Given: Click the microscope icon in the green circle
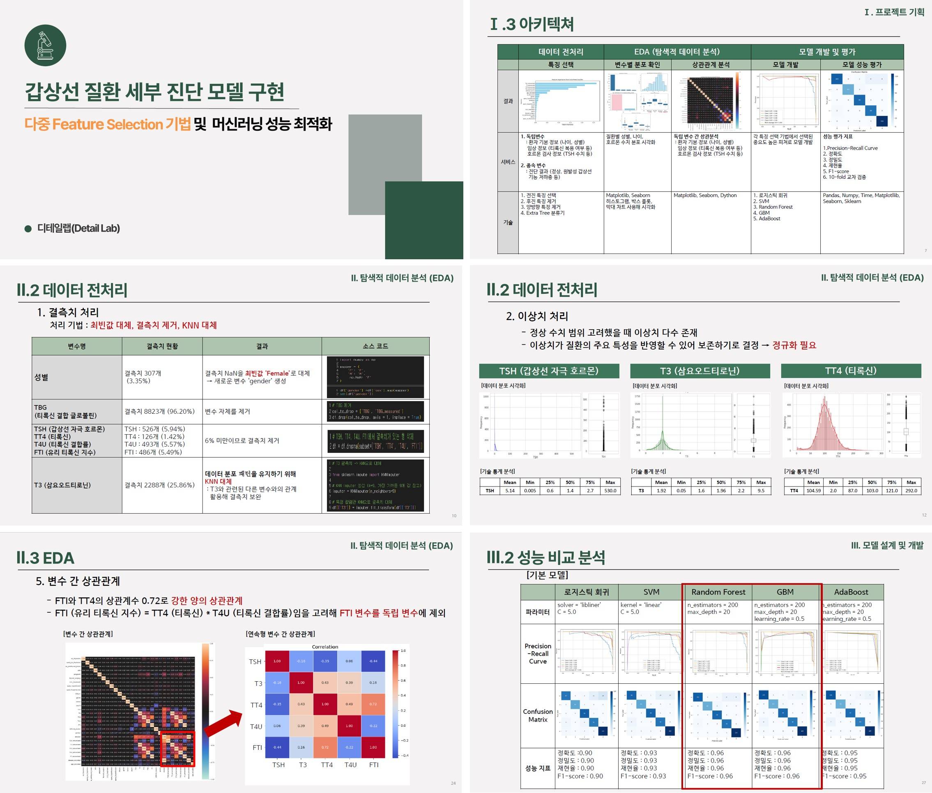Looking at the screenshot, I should [x=45, y=46].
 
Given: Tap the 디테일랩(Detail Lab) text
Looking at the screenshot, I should [x=78, y=228].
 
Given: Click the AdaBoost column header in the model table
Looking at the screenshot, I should [x=851, y=592].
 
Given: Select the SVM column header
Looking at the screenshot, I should [x=651, y=592].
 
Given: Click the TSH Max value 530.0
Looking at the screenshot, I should [x=610, y=491].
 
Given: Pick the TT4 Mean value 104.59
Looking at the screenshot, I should [x=813, y=491].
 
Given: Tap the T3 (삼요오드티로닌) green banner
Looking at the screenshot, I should [x=700, y=371].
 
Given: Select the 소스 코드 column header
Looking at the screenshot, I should [x=375, y=346].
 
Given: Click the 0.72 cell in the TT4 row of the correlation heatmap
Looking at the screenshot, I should [x=373, y=704].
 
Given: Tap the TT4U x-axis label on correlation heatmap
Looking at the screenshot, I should [x=350, y=765].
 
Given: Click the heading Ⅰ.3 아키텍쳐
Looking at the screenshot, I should [x=532, y=24].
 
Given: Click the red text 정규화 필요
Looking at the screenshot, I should [x=794, y=345].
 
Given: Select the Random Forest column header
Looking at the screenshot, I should [x=718, y=592].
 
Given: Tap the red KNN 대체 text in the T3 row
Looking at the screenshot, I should [x=219, y=482].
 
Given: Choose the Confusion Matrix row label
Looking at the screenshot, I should [x=537, y=716].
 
